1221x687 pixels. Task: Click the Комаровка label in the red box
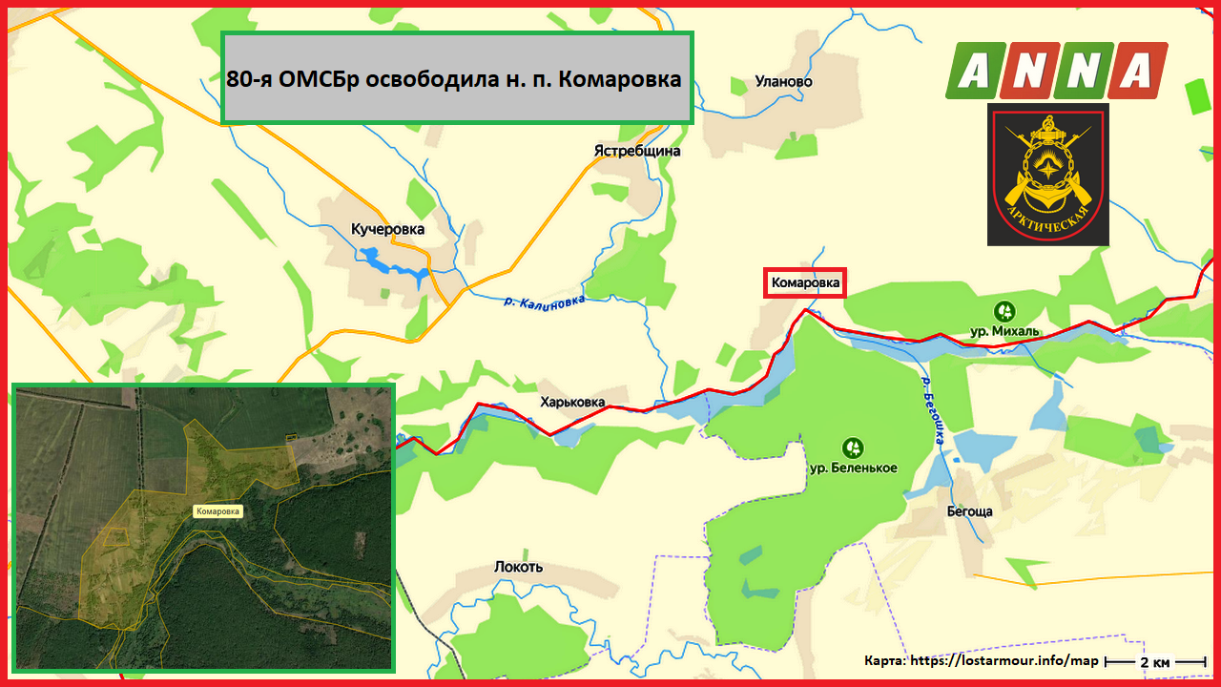(805, 283)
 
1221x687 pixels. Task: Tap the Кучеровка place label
(387, 229)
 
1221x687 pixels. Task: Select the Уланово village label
(783, 82)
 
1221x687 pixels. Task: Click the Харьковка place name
(572, 402)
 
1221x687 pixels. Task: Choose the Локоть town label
(518, 567)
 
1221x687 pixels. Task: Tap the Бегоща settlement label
(969, 511)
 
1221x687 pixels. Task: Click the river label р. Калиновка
(544, 301)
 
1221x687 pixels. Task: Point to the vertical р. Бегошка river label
(932, 410)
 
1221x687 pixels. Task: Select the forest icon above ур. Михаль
(1004, 310)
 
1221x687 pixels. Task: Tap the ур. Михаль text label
(1004, 331)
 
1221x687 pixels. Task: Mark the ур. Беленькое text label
(853, 468)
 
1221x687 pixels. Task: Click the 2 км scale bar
(1156, 661)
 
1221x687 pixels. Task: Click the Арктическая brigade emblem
(1047, 175)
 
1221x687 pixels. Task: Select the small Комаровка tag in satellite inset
(218, 511)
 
